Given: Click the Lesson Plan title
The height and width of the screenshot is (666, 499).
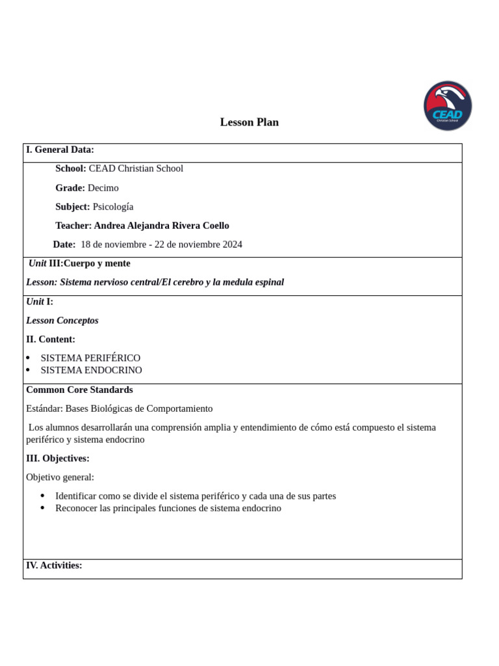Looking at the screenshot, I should click(x=249, y=122).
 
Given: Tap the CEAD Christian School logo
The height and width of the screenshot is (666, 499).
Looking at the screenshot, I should click(x=448, y=106).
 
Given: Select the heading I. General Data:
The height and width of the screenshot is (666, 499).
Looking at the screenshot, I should click(x=60, y=150).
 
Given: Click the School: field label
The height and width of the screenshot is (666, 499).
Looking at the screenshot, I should click(x=70, y=168).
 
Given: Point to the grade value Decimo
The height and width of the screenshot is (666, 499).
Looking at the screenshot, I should click(x=103, y=188).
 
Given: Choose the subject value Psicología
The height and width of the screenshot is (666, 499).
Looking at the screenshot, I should click(x=113, y=207).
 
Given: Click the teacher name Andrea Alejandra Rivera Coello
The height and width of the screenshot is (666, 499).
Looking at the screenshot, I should click(x=161, y=226).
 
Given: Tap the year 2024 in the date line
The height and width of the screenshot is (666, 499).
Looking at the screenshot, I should click(x=231, y=245).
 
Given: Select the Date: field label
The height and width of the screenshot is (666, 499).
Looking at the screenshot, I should click(x=64, y=245).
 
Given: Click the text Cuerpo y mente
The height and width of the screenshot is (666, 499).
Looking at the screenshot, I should click(x=97, y=263).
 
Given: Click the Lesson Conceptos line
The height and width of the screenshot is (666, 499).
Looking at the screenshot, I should click(x=62, y=321).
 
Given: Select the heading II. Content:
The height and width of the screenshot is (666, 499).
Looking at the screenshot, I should click(x=51, y=340).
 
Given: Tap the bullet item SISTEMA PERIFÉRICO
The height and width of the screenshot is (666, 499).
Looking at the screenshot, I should click(x=90, y=358).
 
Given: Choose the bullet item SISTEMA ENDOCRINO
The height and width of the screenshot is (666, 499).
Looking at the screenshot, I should click(x=91, y=370).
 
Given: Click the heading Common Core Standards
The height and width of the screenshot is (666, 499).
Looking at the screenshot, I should click(x=79, y=390).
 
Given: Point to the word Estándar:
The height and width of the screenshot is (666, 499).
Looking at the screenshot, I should click(x=44, y=408).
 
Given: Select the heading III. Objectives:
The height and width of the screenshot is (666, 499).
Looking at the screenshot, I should click(x=58, y=459).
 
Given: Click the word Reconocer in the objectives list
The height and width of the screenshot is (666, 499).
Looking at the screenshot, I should click(x=76, y=508).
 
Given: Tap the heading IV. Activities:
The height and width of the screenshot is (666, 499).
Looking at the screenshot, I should click(x=54, y=565).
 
